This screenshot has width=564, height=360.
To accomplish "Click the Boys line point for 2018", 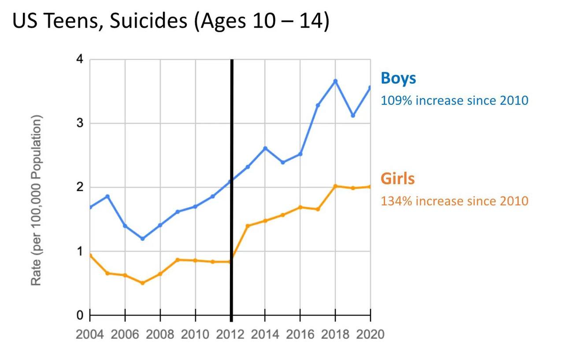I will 335,81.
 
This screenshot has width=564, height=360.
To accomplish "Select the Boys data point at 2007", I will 142,238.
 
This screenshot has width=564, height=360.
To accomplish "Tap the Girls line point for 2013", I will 248,226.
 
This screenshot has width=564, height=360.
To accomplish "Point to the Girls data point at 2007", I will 142,283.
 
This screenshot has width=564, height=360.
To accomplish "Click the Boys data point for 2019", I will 353,115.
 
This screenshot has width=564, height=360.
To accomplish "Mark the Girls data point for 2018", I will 335,186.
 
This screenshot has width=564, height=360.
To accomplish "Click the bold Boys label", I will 398,78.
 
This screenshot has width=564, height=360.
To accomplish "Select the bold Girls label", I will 397,179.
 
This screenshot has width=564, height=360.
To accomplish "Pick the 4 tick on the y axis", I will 80,59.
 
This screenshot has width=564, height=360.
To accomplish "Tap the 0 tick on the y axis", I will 80,315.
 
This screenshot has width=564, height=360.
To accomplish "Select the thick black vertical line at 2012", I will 232,132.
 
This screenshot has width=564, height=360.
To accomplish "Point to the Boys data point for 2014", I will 265,148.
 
